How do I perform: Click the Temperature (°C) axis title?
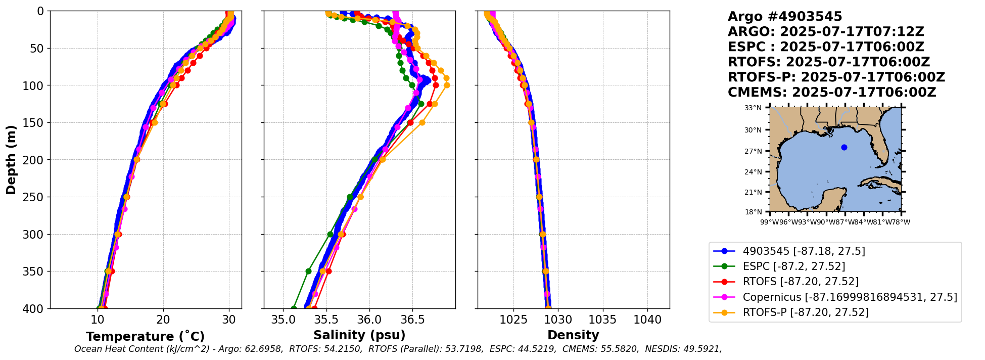[145, 336]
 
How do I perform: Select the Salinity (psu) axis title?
[359, 335]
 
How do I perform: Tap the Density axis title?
[573, 335]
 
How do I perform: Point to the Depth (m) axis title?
[11, 159]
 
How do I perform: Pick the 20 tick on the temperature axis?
[163, 320]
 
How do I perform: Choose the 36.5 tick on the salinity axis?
[412, 320]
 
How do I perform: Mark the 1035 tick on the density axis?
[602, 320]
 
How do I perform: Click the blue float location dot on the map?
[844, 147]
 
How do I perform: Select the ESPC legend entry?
[793, 266]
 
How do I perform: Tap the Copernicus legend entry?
[850, 297]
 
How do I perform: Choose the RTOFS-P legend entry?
[806, 312]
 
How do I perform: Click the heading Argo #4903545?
[785, 17]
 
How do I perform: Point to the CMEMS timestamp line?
[832, 93]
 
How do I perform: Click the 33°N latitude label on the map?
[753, 108]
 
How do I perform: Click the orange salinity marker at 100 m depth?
[447, 85]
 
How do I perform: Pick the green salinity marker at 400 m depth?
[294, 308]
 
